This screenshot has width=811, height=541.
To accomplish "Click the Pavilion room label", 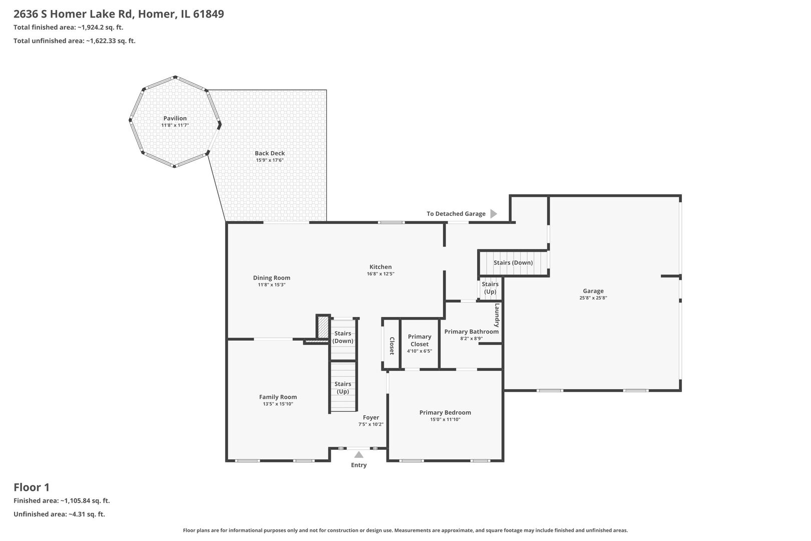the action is (x=175, y=118).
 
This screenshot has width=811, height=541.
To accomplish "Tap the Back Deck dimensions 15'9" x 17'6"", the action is (x=270, y=160).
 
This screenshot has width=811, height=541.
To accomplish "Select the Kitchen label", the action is (x=380, y=266).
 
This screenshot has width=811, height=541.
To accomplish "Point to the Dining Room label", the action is (x=271, y=278).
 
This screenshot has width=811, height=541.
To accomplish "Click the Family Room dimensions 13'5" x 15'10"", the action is (x=278, y=404).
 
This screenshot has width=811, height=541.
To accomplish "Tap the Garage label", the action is (x=593, y=291).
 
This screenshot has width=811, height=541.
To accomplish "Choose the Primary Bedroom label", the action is (x=446, y=412).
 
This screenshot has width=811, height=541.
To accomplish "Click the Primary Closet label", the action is (x=420, y=340).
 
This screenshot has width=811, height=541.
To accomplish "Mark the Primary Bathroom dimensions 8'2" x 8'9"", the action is (x=472, y=339).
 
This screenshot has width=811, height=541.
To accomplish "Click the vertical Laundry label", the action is (x=497, y=315).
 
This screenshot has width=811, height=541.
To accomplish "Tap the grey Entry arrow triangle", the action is (x=358, y=455).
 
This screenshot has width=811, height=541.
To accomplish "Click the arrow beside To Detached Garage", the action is (x=494, y=214).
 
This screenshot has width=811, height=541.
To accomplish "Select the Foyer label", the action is (x=371, y=417).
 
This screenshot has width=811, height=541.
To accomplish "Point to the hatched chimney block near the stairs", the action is (x=322, y=327).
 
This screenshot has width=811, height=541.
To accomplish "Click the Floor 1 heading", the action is (x=32, y=487).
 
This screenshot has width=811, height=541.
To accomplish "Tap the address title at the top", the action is (x=119, y=14).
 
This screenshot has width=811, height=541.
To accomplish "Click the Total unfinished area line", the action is (x=75, y=41).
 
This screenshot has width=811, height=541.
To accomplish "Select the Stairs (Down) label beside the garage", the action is (x=513, y=262).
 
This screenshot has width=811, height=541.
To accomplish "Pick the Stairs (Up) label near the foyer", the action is (x=343, y=388).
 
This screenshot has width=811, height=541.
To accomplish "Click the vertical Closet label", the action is (x=392, y=346).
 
